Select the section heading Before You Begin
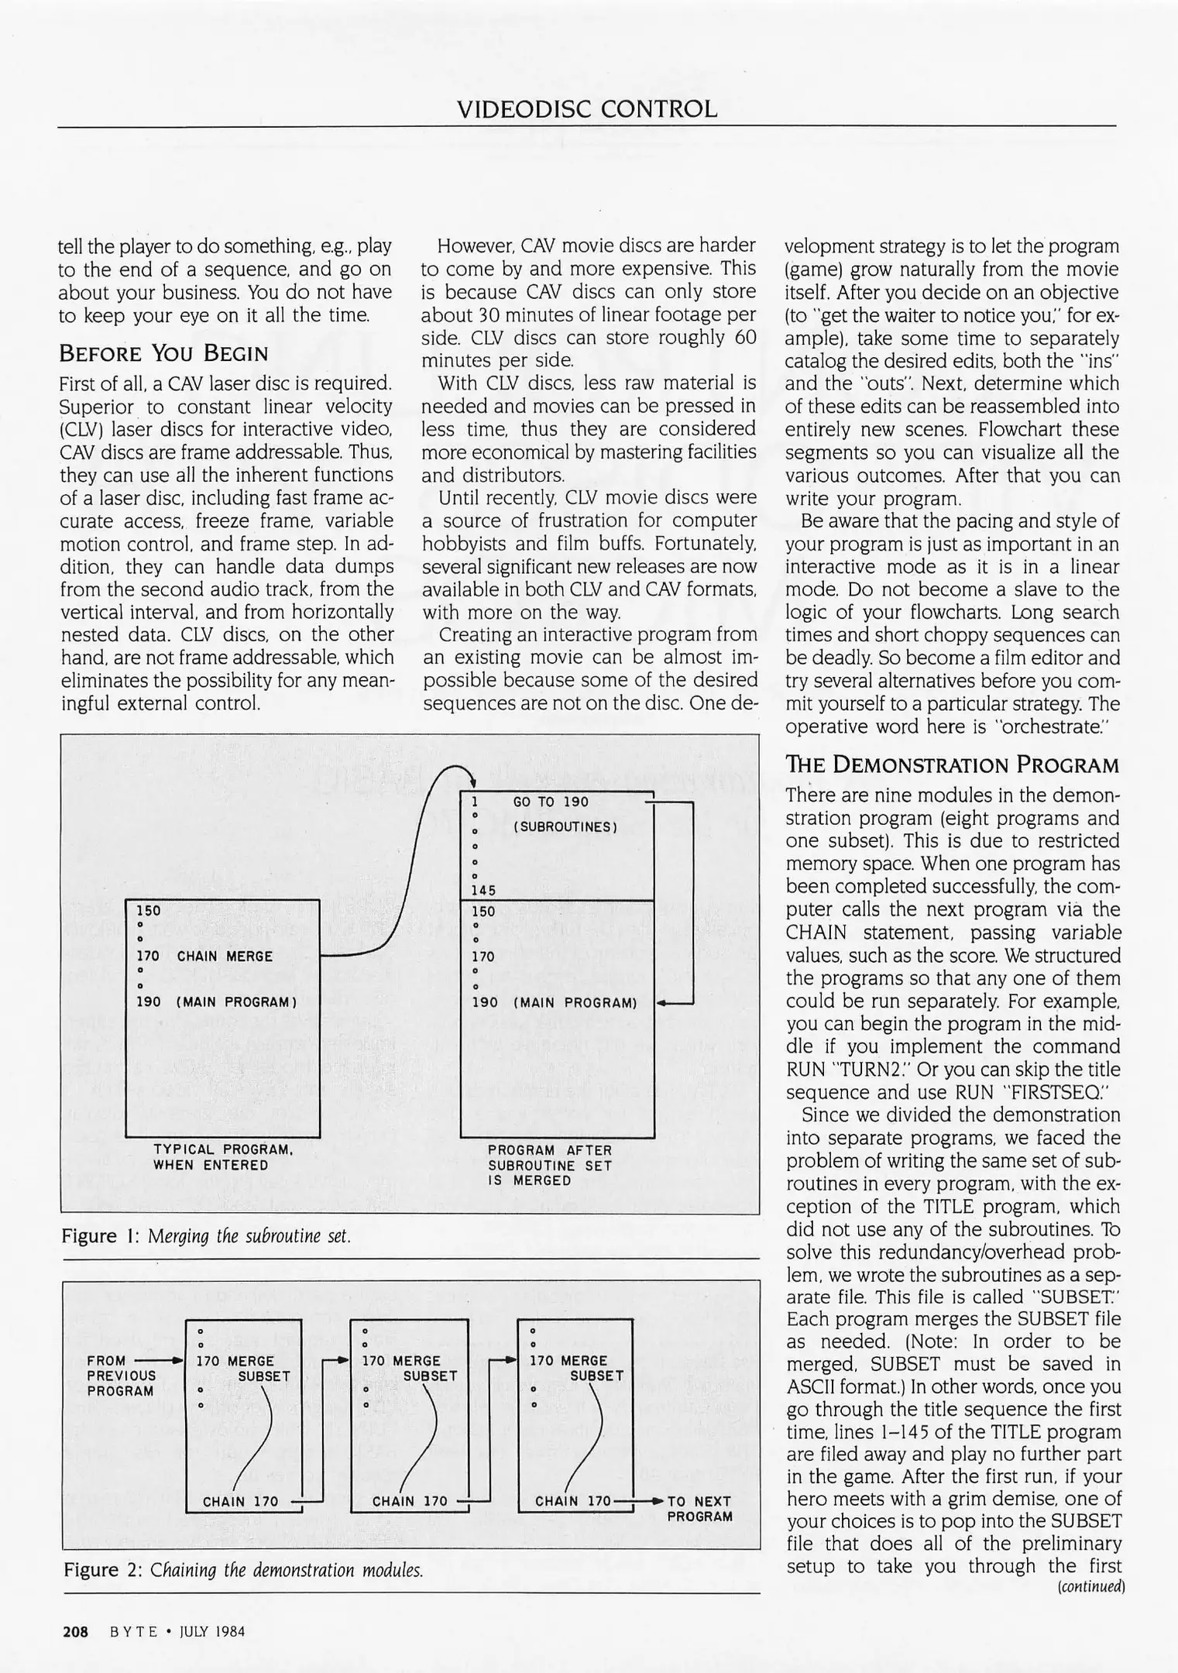163,354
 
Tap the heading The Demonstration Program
952,765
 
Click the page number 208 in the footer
75,1632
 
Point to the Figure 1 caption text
206,1235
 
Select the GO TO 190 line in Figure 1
550,802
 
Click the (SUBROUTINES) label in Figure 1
565,826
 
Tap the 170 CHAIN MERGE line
204,957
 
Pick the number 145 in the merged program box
483,891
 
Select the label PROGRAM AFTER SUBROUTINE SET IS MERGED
549,1165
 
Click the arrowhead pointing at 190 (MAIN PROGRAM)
661,1003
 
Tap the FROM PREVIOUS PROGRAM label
121,1376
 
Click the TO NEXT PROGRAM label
699,1509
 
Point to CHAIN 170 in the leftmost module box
240,1502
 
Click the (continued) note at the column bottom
1090,1586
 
